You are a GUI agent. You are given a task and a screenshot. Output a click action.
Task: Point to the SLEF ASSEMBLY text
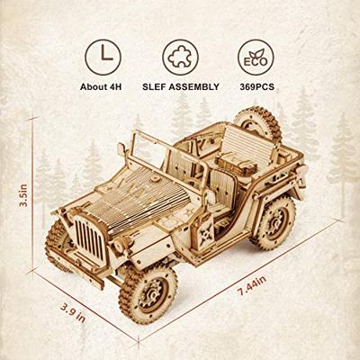[x=180, y=87]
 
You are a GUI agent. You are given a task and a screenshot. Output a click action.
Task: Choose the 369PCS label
[x=252, y=87]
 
